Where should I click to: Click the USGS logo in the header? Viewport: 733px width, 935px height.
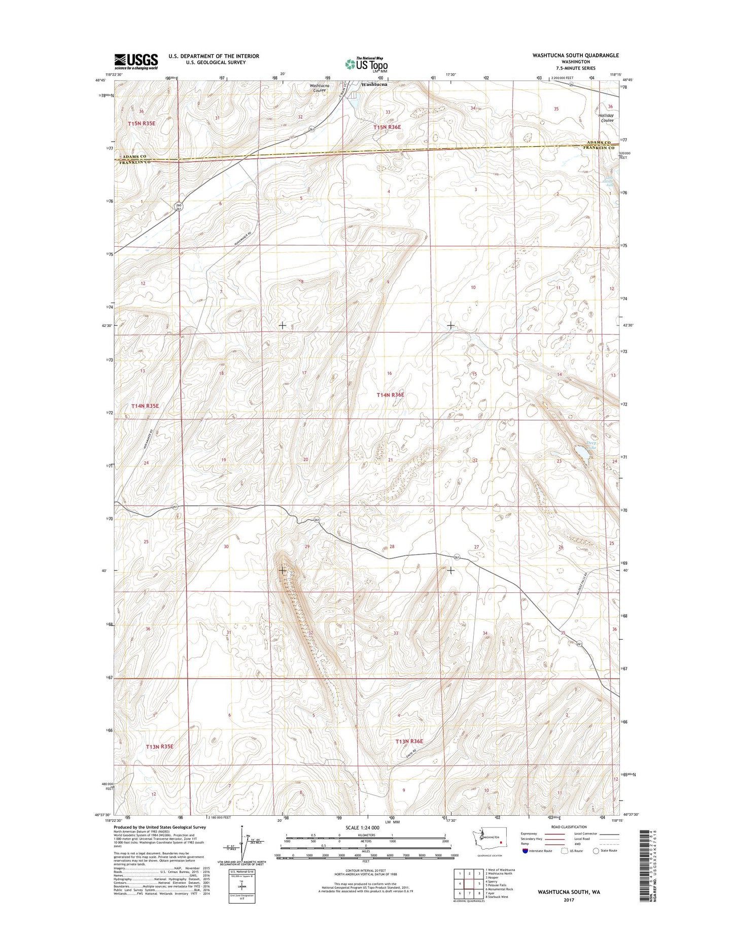(x=136, y=61)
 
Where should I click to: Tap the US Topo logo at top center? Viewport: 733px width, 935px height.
(x=367, y=64)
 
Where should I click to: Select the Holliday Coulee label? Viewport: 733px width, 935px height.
(x=607, y=118)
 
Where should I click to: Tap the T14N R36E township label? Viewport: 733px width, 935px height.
(x=390, y=394)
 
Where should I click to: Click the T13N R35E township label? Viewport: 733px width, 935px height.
(x=159, y=747)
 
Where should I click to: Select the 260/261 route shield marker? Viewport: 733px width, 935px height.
(x=178, y=207)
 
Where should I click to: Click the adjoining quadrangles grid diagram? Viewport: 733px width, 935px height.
(x=469, y=883)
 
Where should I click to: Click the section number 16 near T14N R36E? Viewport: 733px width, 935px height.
(x=389, y=374)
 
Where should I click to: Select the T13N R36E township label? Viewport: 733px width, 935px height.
(x=409, y=742)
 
